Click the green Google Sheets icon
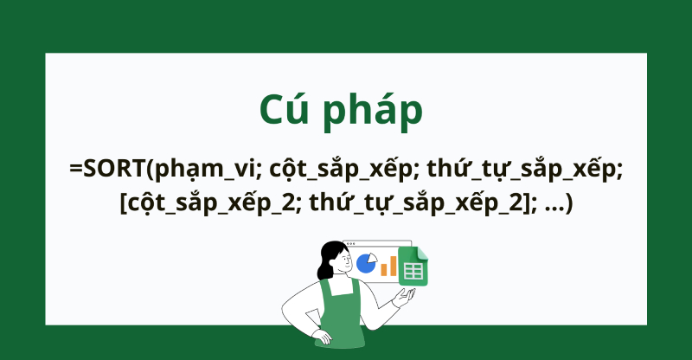point(413,266)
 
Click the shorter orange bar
point(384,269)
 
